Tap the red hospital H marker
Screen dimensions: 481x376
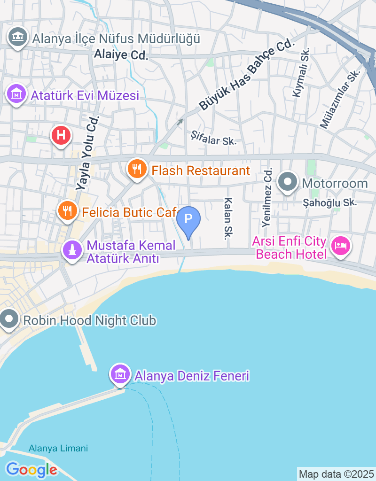click(x=61, y=136)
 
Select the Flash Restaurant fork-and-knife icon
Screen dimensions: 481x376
click(x=137, y=169)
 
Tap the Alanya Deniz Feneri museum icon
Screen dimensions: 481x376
click(x=120, y=374)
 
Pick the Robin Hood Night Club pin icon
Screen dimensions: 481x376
click(x=8, y=320)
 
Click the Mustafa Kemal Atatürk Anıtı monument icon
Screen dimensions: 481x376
click(x=72, y=250)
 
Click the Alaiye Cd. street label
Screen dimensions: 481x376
click(x=121, y=55)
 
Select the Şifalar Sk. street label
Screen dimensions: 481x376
click(x=213, y=138)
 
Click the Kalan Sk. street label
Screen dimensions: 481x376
click(x=229, y=218)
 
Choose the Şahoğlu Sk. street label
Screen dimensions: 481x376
click(x=330, y=202)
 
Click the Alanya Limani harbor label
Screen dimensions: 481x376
click(x=58, y=448)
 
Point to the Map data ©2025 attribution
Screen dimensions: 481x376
click(x=337, y=474)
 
